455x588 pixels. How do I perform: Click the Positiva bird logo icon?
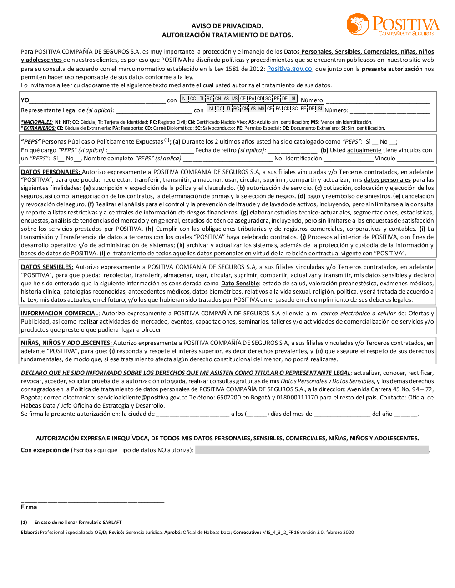point(358,24)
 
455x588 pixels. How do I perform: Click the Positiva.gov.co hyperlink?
point(289,69)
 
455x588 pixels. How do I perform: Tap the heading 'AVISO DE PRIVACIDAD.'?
point(227,26)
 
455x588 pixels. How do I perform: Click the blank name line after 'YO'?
point(97,100)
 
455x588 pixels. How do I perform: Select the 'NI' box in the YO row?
point(184,98)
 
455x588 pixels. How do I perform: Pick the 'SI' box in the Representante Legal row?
point(320,108)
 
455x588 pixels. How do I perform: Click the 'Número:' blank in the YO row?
point(378,100)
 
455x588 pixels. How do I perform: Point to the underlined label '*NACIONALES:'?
point(37,122)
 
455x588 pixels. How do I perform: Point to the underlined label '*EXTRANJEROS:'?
point(38,128)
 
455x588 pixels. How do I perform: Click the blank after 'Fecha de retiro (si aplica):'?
point(292,150)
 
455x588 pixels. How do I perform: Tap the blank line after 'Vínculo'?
point(415,159)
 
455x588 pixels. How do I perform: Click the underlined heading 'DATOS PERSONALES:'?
point(51,172)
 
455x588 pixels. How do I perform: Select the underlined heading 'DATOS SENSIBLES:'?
point(47,267)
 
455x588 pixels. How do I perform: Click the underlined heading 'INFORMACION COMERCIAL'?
point(60,313)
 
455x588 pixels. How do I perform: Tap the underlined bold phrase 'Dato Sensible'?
point(240,283)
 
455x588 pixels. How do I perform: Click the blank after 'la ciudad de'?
point(192,414)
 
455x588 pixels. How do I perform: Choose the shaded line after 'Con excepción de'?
point(312,450)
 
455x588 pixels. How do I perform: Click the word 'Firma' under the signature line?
point(29,507)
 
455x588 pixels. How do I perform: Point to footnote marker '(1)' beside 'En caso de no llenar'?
point(24,522)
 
